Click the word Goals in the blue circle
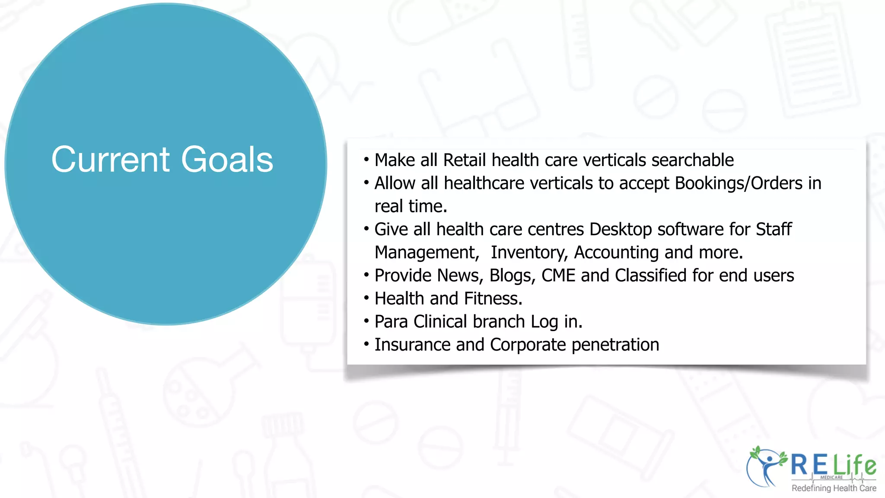pyautogui.click(x=227, y=160)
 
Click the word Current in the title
pyautogui.click(x=111, y=160)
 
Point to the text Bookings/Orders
pyautogui.click(x=739, y=184)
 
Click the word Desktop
pyautogui.click(x=621, y=230)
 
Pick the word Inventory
pyautogui.click(x=528, y=253)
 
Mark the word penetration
pyautogui.click(x=615, y=345)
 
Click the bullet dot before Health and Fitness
pyautogui.click(x=366, y=298)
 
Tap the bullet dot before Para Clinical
pyautogui.click(x=366, y=321)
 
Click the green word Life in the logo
pyautogui.click(x=854, y=465)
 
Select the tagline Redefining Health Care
pyautogui.click(x=834, y=488)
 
